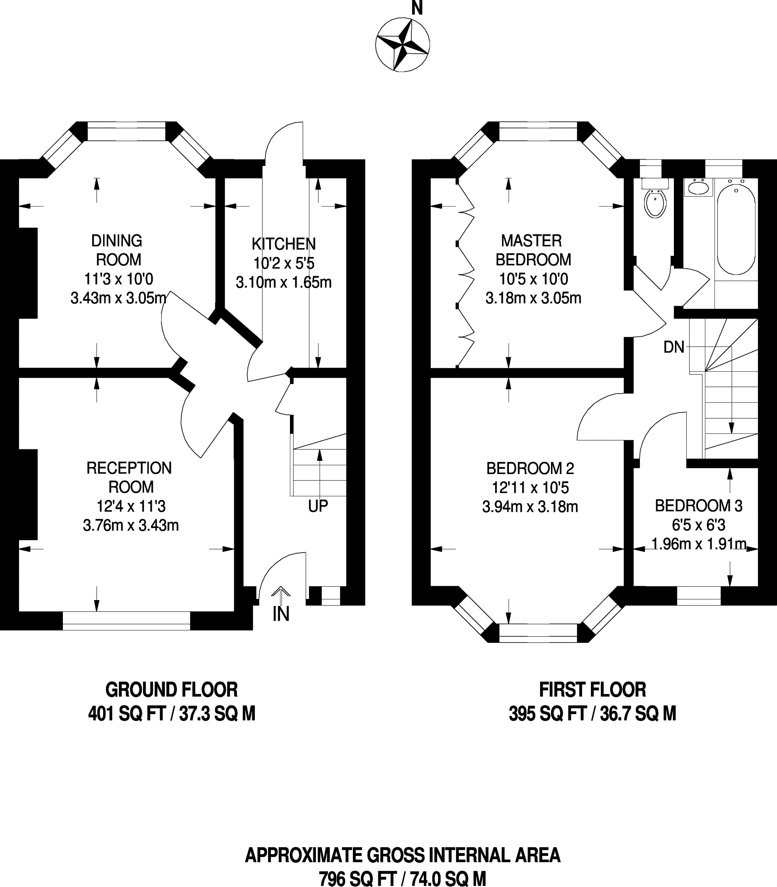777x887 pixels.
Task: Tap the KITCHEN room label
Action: (x=284, y=244)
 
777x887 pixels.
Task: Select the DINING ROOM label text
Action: (x=117, y=250)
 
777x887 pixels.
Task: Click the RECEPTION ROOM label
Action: (x=130, y=477)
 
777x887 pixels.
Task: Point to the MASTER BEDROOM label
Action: (x=533, y=250)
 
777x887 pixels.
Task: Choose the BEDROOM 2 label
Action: (x=530, y=468)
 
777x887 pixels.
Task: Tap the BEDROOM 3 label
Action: (x=699, y=506)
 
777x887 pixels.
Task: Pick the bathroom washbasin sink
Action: (x=698, y=188)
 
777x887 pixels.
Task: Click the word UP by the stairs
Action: (x=318, y=506)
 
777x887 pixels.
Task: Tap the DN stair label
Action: (x=674, y=347)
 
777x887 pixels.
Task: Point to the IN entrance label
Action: (x=281, y=614)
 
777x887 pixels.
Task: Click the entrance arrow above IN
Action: (x=281, y=595)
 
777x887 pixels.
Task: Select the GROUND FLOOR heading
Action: (x=172, y=690)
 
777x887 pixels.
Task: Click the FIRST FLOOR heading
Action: (x=592, y=690)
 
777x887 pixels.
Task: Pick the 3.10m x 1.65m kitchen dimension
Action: (x=284, y=282)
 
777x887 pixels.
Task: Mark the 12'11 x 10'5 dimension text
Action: (x=530, y=488)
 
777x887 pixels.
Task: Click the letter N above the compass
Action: (x=417, y=8)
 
